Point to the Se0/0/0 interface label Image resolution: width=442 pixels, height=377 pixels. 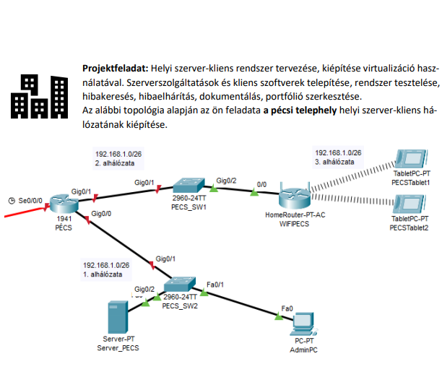(x=31, y=199)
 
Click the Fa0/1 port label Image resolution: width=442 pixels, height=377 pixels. (x=215, y=284)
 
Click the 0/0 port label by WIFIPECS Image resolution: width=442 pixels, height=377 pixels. (x=261, y=184)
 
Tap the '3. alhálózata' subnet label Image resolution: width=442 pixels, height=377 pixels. (x=337, y=162)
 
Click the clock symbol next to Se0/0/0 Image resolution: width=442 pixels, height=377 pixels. (x=11, y=199)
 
